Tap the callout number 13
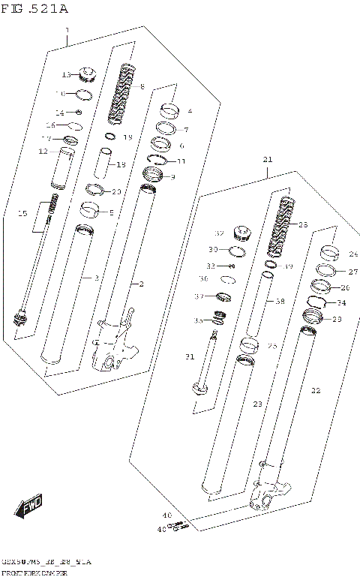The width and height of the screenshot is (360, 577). [x=65, y=74]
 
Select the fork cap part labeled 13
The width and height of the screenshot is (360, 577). [x=88, y=74]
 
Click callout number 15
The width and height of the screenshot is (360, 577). [x=22, y=215]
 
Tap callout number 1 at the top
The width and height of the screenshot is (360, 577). [x=67, y=30]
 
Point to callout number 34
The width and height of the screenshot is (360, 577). [x=341, y=303]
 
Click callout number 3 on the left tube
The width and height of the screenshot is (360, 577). [x=97, y=278]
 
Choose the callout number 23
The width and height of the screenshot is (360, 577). [x=257, y=404]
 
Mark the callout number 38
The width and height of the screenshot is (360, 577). [x=280, y=301]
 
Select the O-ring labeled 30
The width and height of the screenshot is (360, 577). [x=236, y=251]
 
